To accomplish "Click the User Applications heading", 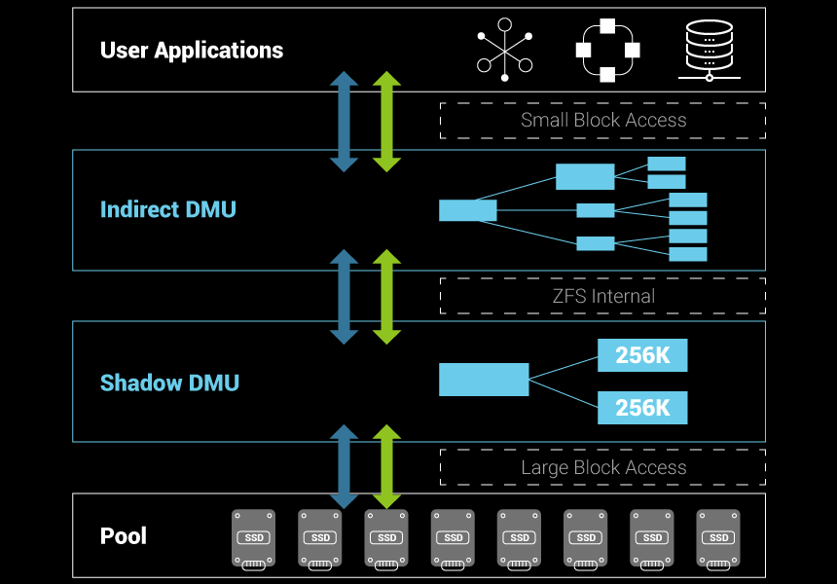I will [192, 51].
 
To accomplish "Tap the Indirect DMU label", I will [167, 209].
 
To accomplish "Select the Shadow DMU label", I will [169, 383].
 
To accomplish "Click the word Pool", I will [124, 536].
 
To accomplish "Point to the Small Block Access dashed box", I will [602, 121].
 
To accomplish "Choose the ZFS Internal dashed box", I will [602, 296].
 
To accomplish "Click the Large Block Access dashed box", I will [602, 467].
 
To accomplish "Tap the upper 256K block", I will [642, 355].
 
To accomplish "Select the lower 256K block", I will [642, 408].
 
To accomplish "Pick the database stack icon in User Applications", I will [709, 50].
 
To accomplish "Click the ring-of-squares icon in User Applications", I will [608, 50].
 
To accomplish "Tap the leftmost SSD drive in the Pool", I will [253, 537].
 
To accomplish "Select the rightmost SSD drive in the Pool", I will [718, 537].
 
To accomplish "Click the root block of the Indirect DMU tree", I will [468, 210].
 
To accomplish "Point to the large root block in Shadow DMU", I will [484, 380].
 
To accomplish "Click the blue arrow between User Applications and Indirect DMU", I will [345, 122].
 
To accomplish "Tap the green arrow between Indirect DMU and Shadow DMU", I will [387, 296].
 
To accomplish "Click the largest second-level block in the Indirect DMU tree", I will [585, 176].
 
